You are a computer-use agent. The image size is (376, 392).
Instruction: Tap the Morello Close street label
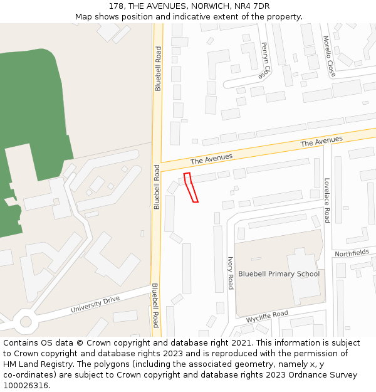click(329, 56)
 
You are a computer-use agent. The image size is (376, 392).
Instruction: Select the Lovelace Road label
click(326, 200)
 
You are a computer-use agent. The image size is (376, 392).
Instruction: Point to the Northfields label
click(352, 253)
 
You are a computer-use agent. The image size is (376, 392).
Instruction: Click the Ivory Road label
click(230, 273)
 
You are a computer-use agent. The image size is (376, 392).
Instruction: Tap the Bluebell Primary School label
click(278, 274)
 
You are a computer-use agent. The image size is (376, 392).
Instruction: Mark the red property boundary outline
click(191, 188)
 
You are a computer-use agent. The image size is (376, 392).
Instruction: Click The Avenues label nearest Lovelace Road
click(321, 142)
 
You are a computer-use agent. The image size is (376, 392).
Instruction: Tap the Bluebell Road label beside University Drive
click(155, 305)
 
